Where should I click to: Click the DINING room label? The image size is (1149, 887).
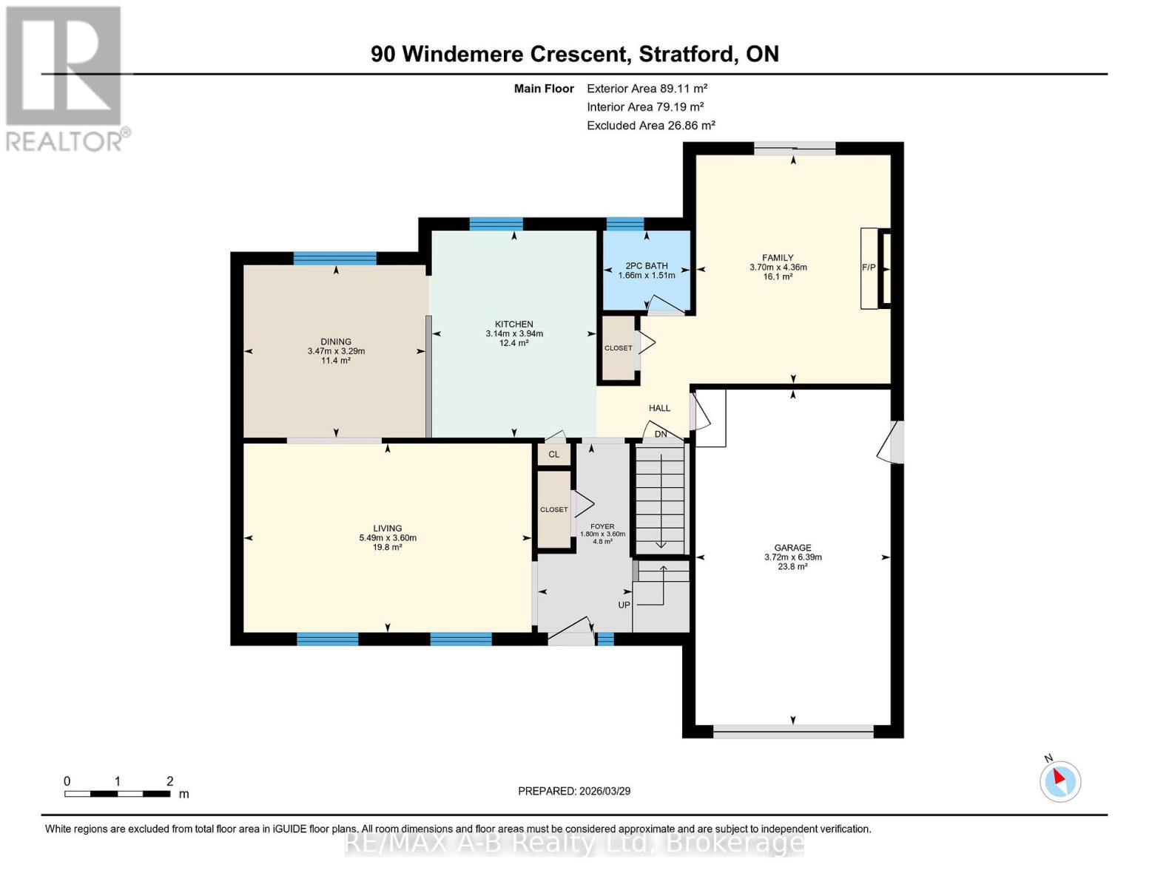coord(336,341)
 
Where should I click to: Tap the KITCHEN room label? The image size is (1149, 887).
coord(514,324)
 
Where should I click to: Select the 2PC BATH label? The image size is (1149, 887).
coord(647,265)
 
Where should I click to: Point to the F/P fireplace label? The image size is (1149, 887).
coord(869,268)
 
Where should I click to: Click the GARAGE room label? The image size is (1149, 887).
coord(793,548)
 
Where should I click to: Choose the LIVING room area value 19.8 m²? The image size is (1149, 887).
coord(388,548)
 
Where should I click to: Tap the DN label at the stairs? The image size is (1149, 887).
coord(661,434)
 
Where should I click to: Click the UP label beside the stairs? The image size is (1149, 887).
coord(624,605)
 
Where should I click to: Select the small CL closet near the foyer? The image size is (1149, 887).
coord(554,455)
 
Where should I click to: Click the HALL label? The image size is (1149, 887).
coord(659,408)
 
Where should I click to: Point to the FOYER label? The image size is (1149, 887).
coord(602,526)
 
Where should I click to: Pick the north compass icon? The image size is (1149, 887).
coord(1059,781)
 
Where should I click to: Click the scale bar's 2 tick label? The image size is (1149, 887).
coord(170,781)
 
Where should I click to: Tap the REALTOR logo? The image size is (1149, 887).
coord(65,78)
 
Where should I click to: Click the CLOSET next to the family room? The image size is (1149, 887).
coord(619,348)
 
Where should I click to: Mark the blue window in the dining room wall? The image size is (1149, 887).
coord(335,258)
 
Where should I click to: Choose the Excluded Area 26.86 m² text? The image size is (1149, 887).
coord(650,126)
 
